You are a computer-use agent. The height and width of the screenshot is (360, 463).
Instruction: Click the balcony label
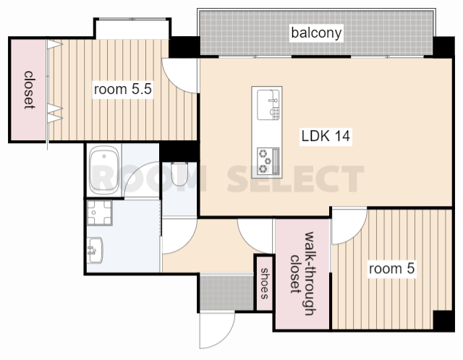tap(316, 33)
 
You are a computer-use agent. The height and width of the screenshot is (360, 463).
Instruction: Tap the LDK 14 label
tap(326, 136)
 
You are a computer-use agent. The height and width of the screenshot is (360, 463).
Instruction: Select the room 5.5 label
tap(122, 89)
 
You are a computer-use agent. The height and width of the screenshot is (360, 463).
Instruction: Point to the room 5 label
tap(392, 269)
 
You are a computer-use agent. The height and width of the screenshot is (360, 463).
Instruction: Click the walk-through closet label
tap(302, 273)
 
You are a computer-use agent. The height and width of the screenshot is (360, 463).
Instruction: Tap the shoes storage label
tap(264, 283)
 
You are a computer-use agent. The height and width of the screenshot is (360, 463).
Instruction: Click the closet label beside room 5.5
tap(29, 90)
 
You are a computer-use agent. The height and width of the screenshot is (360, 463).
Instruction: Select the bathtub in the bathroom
tap(104, 171)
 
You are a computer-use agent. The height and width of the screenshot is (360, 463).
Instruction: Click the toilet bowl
tap(179, 173)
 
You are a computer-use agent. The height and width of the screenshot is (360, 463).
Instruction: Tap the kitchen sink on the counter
tap(268, 105)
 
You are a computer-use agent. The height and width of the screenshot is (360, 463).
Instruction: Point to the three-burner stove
tap(268, 160)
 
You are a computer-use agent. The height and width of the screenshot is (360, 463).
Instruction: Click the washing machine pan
tap(100, 213)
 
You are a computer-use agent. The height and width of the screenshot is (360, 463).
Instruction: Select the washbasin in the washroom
tap(95, 250)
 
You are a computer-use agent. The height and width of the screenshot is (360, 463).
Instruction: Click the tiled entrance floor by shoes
tap(226, 293)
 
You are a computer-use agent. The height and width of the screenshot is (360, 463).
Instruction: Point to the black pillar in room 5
tap(443, 320)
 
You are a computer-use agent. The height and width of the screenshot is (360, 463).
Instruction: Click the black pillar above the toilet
tap(179, 151)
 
